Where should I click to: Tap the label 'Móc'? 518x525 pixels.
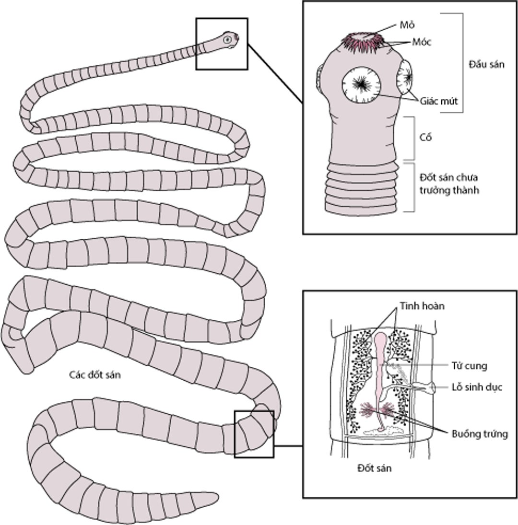[422, 42]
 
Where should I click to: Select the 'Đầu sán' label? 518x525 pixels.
[486, 65]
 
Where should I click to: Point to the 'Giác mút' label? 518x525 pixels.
[439, 101]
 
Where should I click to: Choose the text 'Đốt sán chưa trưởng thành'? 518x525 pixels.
[449, 184]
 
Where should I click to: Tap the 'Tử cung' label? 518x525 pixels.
[469, 366]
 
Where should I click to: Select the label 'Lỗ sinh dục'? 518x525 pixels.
[477, 387]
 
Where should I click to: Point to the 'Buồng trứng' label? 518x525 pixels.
[480, 434]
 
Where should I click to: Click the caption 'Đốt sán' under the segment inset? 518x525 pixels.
[374, 468]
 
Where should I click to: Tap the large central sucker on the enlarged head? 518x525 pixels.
[361, 84]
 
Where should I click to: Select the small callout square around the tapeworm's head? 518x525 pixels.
[222, 44]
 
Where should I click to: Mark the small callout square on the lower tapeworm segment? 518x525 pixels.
[254, 433]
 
